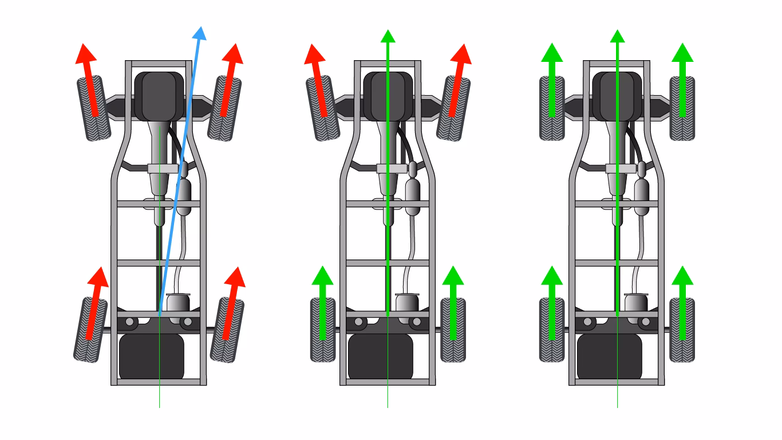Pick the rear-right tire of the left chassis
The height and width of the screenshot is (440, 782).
(x=227, y=331)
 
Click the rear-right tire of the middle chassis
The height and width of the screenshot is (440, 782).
(x=453, y=331)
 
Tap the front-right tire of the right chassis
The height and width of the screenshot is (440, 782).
(x=682, y=109)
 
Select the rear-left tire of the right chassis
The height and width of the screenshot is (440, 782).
(x=552, y=331)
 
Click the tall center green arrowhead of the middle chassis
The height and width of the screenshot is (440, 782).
(x=388, y=36)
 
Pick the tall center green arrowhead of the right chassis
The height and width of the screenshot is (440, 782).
(x=617, y=36)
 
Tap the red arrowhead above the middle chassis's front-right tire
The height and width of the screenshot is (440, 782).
(x=461, y=53)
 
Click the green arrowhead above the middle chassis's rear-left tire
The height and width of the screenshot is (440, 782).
(x=322, y=276)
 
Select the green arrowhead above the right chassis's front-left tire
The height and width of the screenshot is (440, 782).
(x=552, y=52)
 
